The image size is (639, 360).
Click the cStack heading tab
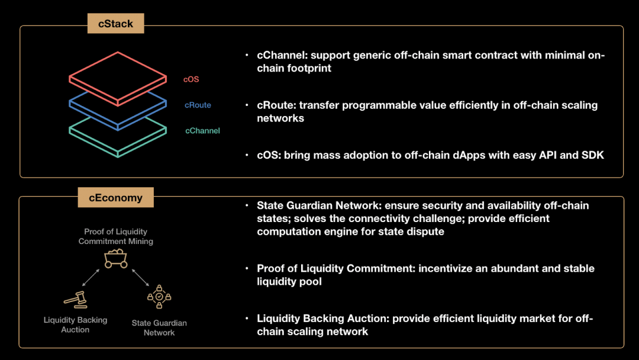click(x=116, y=23)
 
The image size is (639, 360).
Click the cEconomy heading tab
click(x=116, y=197)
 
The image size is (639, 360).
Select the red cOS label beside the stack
click(x=191, y=79)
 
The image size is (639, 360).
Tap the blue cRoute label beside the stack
click(x=198, y=105)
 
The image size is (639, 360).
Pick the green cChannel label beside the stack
click(x=202, y=130)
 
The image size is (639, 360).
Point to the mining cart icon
click(x=116, y=259)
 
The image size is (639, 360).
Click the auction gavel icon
click(x=76, y=300)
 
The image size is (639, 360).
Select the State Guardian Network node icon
click(x=159, y=297)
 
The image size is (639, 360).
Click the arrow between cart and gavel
click(x=91, y=277)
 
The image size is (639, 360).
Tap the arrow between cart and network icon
click(x=140, y=277)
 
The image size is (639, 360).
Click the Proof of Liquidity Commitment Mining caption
click(x=116, y=236)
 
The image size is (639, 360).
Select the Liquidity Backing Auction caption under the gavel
click(x=75, y=325)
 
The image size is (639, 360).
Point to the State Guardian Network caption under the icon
click(x=159, y=328)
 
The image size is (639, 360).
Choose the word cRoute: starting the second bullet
click(x=276, y=105)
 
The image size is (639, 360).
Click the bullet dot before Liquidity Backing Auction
click(x=247, y=318)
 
